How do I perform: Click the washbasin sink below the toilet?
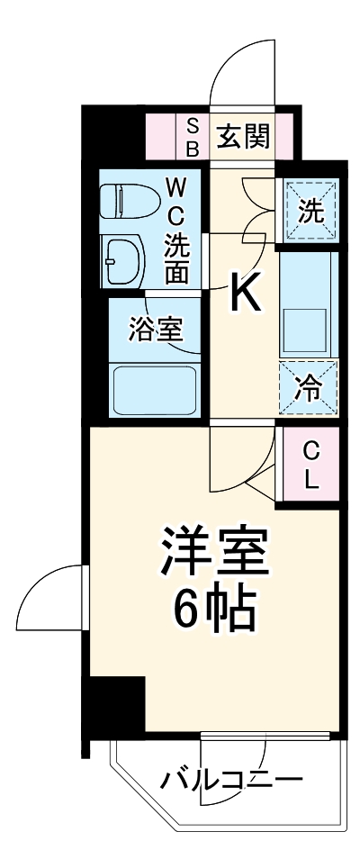click(124, 260)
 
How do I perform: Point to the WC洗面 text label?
click(175, 230)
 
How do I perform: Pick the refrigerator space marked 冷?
click(309, 387)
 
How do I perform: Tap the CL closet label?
click(310, 464)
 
